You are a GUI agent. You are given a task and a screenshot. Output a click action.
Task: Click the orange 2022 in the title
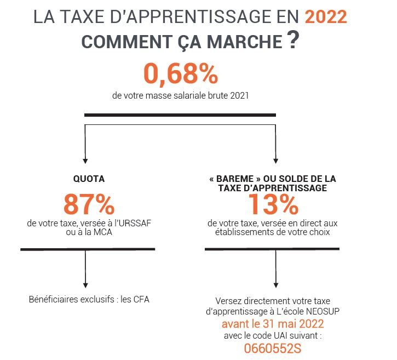[326, 16]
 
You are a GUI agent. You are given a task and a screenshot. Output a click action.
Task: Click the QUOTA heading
[89, 179]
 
